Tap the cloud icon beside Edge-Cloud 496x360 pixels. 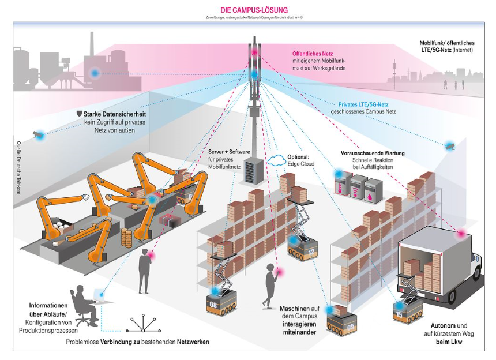(x=277, y=160)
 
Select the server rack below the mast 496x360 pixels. (x=253, y=170)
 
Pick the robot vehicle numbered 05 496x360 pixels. (x=341, y=322)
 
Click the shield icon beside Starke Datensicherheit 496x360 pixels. (x=80, y=114)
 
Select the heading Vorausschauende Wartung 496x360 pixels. (x=373, y=153)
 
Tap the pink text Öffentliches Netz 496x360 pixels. (x=312, y=54)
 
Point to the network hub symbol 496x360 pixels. (x=143, y=323)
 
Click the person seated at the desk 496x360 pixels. (x=84, y=305)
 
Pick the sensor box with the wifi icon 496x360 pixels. (x=358, y=187)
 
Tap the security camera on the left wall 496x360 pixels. (x=38, y=135)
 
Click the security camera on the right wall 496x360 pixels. (x=450, y=146)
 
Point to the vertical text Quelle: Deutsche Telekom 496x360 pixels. (x=18, y=167)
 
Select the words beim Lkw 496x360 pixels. (x=449, y=342)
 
